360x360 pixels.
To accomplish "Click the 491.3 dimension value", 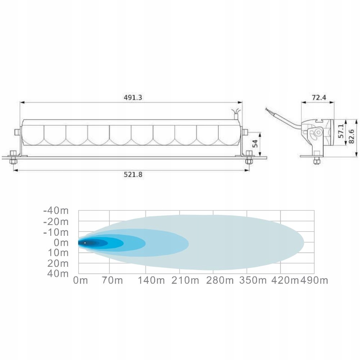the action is coord(133,98).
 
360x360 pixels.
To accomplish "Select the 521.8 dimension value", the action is coord(133,175).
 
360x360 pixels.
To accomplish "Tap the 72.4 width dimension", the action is coord(319,98).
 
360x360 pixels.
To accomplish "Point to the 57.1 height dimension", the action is coord(341,131).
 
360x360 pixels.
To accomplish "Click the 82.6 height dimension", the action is coord(351,136).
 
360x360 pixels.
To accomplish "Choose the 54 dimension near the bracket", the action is coord(255,144).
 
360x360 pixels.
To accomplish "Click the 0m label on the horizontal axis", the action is coord(80,280).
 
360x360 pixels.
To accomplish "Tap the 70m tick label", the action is coord(112,280).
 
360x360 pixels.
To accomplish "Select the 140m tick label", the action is coord(151,280).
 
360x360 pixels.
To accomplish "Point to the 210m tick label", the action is coord(185,280).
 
